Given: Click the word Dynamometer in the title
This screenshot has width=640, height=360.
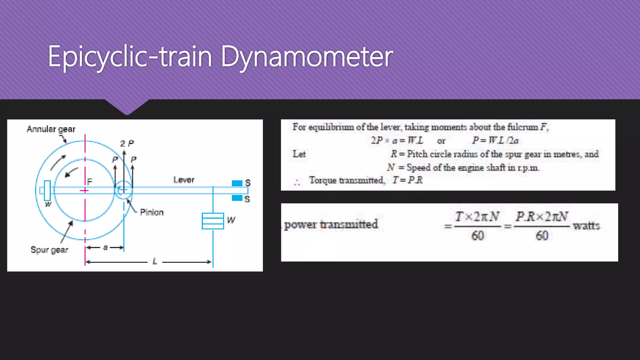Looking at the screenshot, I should [307, 57].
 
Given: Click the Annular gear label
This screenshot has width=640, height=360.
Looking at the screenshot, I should [51, 129].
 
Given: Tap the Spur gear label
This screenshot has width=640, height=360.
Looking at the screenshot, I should [49, 250].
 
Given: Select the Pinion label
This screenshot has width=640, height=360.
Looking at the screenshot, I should [152, 212].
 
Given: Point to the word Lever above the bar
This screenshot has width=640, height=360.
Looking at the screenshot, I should [184, 180].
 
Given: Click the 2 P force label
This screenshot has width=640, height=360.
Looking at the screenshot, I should [127, 143].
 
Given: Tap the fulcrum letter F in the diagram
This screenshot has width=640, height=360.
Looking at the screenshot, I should [90, 182].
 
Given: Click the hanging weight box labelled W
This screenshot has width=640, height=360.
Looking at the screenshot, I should [213, 221].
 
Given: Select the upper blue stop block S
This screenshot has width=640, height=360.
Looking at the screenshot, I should [237, 183].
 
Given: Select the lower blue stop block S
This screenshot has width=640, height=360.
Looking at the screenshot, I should [237, 198].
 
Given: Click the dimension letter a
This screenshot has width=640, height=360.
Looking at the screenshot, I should [105, 247].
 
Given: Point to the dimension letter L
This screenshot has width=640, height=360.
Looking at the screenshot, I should [155, 261].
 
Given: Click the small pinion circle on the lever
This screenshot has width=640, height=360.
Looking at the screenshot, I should [124, 190].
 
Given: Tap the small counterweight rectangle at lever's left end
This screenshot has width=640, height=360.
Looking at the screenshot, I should [47, 190].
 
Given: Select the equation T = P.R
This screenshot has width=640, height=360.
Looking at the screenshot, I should [407, 180].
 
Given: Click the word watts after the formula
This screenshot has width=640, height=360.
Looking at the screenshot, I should [586, 225].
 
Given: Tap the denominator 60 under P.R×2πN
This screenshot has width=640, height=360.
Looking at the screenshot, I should [542, 236].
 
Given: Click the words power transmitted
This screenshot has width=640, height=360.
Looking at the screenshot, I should [331, 224].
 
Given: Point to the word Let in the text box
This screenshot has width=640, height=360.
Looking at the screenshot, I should [299, 154].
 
